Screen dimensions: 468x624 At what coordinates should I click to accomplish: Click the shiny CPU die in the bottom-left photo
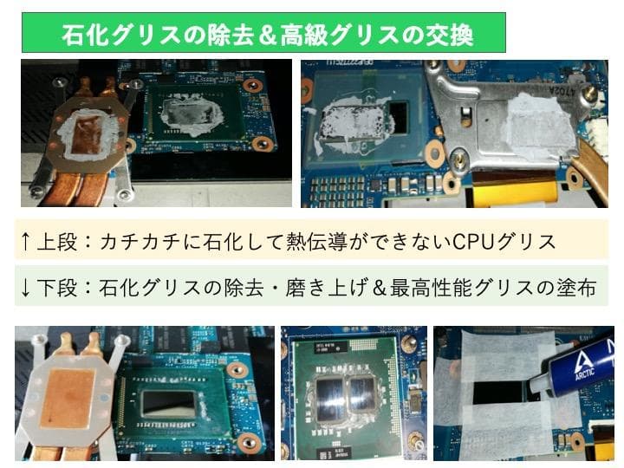pyautogui.click(x=167, y=404)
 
